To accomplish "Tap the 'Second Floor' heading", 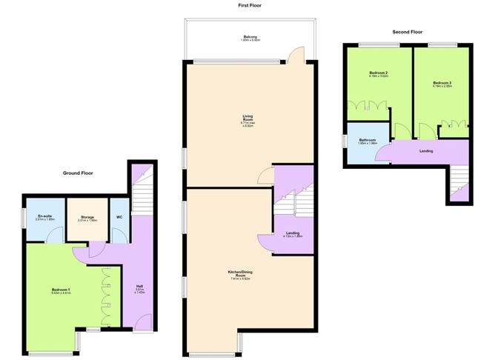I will (x=407, y=32).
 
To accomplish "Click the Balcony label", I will (x=250, y=37).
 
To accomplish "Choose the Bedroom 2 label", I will (x=379, y=73).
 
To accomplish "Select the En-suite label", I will (x=43, y=217).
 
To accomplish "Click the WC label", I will (x=119, y=217).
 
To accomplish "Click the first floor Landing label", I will (x=293, y=235).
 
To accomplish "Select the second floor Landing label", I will (x=426, y=151).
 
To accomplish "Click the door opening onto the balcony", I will (x=295, y=55).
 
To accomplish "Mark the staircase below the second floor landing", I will (x=459, y=182).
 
